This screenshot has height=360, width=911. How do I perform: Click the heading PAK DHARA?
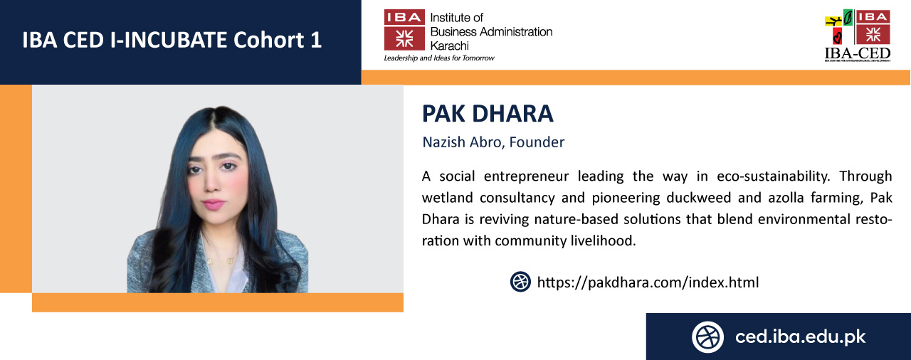[488, 113]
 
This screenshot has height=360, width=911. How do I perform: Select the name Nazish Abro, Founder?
[493, 142]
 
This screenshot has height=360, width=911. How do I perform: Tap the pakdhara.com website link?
[648, 282]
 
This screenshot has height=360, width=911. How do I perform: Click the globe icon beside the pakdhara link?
[520, 282]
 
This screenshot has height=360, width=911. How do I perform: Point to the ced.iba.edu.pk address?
[801, 337]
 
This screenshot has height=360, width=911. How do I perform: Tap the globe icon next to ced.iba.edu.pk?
[707, 337]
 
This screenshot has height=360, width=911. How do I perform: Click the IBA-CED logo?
[858, 36]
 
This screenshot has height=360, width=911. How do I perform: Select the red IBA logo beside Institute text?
[404, 30]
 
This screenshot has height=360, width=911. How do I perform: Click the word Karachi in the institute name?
[449, 46]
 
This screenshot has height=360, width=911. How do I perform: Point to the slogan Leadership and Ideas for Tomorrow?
[439, 58]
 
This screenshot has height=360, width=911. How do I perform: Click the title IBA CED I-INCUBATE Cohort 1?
[172, 40]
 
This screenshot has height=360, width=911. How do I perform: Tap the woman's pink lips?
[214, 203]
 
